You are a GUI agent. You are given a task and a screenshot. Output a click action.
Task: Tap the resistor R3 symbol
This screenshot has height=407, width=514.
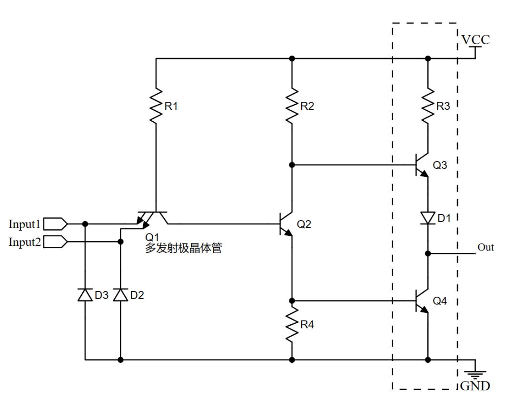[427, 106]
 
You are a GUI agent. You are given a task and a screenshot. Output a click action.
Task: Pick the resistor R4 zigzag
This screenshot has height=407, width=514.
[292, 325]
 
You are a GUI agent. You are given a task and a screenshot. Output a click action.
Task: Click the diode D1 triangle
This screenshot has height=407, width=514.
[427, 218]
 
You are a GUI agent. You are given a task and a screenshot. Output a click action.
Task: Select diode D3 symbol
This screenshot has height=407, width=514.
[85, 295]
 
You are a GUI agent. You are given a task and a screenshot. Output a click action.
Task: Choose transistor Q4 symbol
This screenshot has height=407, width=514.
[422, 301]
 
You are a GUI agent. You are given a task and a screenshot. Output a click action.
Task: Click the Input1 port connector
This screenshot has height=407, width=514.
[57, 223]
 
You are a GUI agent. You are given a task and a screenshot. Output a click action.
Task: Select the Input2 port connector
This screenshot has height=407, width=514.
[57, 242]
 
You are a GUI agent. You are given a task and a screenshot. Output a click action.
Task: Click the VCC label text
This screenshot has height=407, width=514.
[475, 40]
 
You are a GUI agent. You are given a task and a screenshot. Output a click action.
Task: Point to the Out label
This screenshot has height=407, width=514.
[486, 247]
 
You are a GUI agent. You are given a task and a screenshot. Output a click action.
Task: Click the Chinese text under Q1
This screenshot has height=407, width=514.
[183, 248]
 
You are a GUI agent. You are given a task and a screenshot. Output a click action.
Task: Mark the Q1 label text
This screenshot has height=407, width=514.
[152, 237]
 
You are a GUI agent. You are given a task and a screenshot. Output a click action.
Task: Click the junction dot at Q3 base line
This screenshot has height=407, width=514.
[292, 165]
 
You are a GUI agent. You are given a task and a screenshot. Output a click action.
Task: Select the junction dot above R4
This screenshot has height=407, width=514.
[292, 301]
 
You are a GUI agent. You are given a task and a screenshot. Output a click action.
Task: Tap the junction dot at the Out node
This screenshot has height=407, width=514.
[427, 253]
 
